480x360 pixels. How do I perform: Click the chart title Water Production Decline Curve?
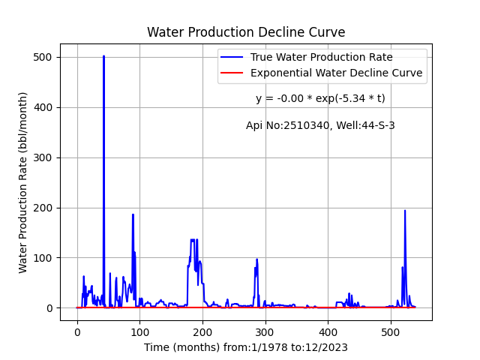(246, 32)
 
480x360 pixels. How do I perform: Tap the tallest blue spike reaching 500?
(103, 56)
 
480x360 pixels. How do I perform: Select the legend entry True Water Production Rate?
(322, 57)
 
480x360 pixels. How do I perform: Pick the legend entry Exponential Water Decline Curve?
(337, 73)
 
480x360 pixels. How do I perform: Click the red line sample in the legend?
(232, 73)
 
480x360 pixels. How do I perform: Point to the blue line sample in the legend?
(232, 57)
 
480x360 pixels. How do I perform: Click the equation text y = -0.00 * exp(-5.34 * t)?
(320, 98)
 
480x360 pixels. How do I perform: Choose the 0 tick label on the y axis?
(50, 308)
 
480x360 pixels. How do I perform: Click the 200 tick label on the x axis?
(202, 332)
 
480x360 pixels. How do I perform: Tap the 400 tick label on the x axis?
(328, 332)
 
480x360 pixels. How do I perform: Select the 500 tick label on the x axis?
(391, 332)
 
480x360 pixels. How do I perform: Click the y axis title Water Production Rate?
(22, 183)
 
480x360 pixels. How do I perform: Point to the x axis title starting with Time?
(246, 348)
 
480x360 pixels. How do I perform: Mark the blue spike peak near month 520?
(405, 211)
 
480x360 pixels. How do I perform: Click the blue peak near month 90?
(133, 215)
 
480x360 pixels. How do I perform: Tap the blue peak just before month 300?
(256, 260)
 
